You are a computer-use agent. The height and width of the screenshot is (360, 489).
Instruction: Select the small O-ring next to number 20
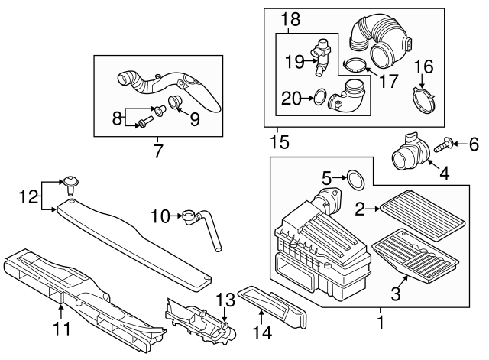(x=319, y=98)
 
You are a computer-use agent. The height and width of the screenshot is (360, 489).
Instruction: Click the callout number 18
(x=288, y=19)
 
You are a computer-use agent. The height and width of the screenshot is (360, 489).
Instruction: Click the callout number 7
(x=158, y=151)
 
